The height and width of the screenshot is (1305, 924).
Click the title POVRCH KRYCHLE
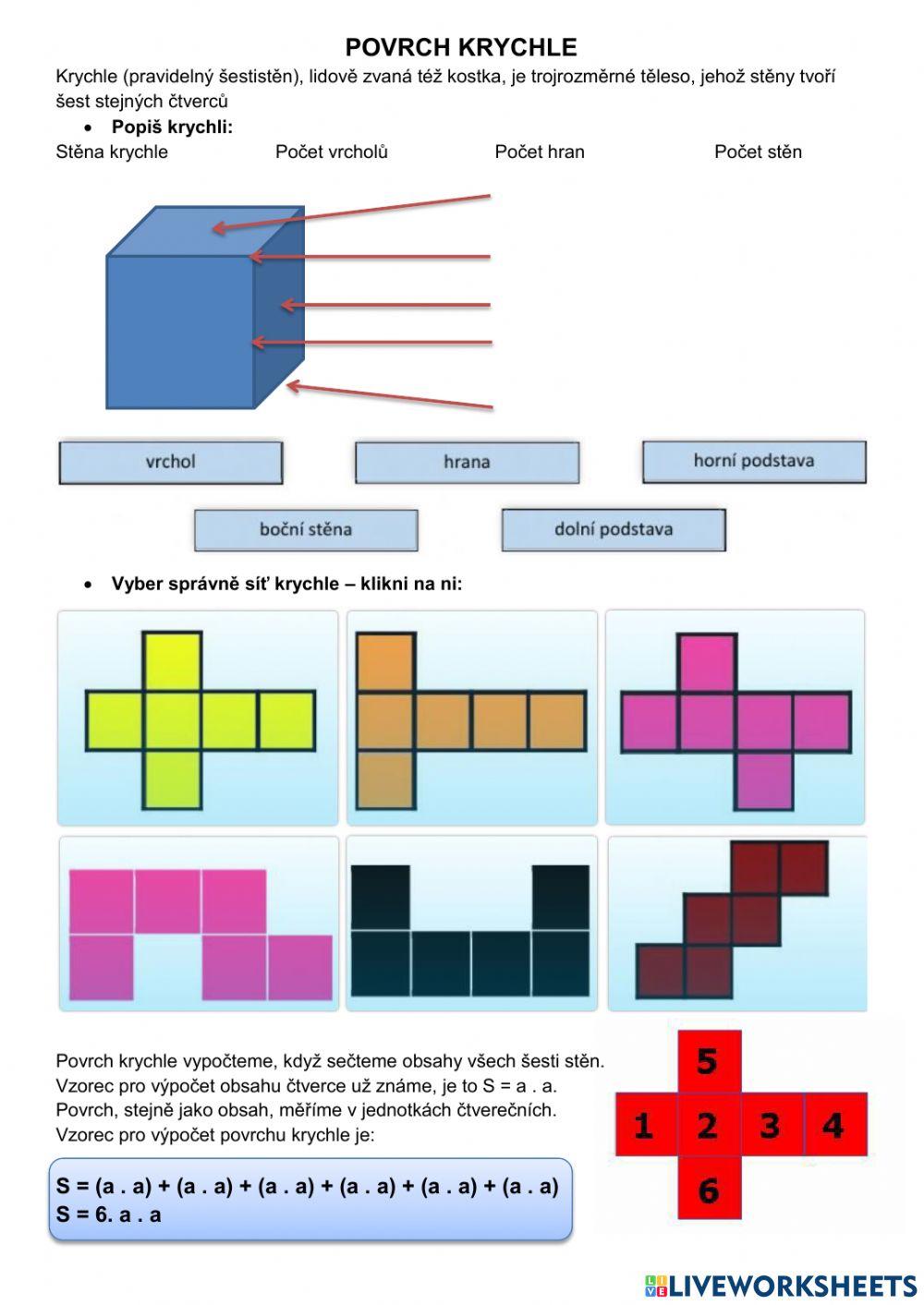coord(460,48)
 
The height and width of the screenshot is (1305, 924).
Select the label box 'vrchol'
coord(171,462)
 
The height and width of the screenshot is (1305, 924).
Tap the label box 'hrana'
coord(467,462)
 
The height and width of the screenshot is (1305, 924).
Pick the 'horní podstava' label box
coord(754,461)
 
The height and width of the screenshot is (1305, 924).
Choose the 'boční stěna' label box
coord(306,529)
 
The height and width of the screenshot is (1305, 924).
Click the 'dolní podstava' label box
coord(614,529)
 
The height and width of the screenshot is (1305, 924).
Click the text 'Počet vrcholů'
coord(331,151)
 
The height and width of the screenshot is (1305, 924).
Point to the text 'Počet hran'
coord(539,151)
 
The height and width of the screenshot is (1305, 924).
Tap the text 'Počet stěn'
coord(758,151)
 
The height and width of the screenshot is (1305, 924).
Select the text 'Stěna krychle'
coord(112,151)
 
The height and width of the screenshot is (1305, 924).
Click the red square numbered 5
coord(708,1061)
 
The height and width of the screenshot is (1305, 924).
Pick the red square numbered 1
coord(645,1125)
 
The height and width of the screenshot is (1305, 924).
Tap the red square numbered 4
coord(833,1125)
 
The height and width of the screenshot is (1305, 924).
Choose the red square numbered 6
coord(708,1189)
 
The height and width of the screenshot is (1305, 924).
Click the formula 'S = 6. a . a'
coord(108,1214)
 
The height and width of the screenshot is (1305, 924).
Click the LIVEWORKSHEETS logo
coord(781,1286)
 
